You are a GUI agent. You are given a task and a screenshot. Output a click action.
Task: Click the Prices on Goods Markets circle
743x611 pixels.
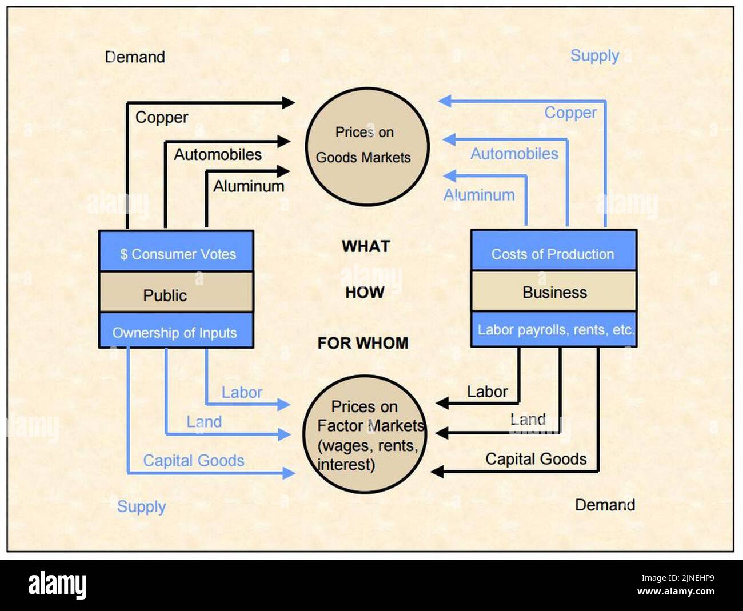367,146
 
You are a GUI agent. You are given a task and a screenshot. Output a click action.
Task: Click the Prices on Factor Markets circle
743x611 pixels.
365,434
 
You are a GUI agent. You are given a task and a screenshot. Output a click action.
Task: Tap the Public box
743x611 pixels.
176,293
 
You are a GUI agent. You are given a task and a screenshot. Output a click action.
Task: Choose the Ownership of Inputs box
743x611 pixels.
176,331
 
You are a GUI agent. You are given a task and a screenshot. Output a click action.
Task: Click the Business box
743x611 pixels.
553,291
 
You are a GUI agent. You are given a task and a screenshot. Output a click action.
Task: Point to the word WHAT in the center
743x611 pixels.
366,246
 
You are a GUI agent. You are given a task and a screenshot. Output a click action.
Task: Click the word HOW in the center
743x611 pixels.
365,292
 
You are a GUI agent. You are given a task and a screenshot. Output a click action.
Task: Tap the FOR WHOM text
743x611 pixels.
363,343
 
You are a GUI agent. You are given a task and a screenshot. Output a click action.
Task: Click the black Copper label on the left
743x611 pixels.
162,117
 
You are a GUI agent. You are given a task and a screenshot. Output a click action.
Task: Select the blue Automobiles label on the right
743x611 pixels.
514,154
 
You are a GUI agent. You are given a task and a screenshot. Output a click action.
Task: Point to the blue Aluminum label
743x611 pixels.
479,195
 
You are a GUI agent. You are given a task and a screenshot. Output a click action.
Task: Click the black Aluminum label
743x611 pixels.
249,186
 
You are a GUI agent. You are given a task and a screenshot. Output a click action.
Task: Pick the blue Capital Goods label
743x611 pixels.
194,461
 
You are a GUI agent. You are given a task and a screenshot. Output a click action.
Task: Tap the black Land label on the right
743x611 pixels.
528,420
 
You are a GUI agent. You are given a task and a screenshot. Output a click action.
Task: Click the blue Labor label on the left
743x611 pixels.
242,393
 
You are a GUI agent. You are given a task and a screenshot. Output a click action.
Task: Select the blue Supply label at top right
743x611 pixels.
594,55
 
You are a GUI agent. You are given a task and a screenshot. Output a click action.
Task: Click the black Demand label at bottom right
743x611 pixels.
605,505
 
